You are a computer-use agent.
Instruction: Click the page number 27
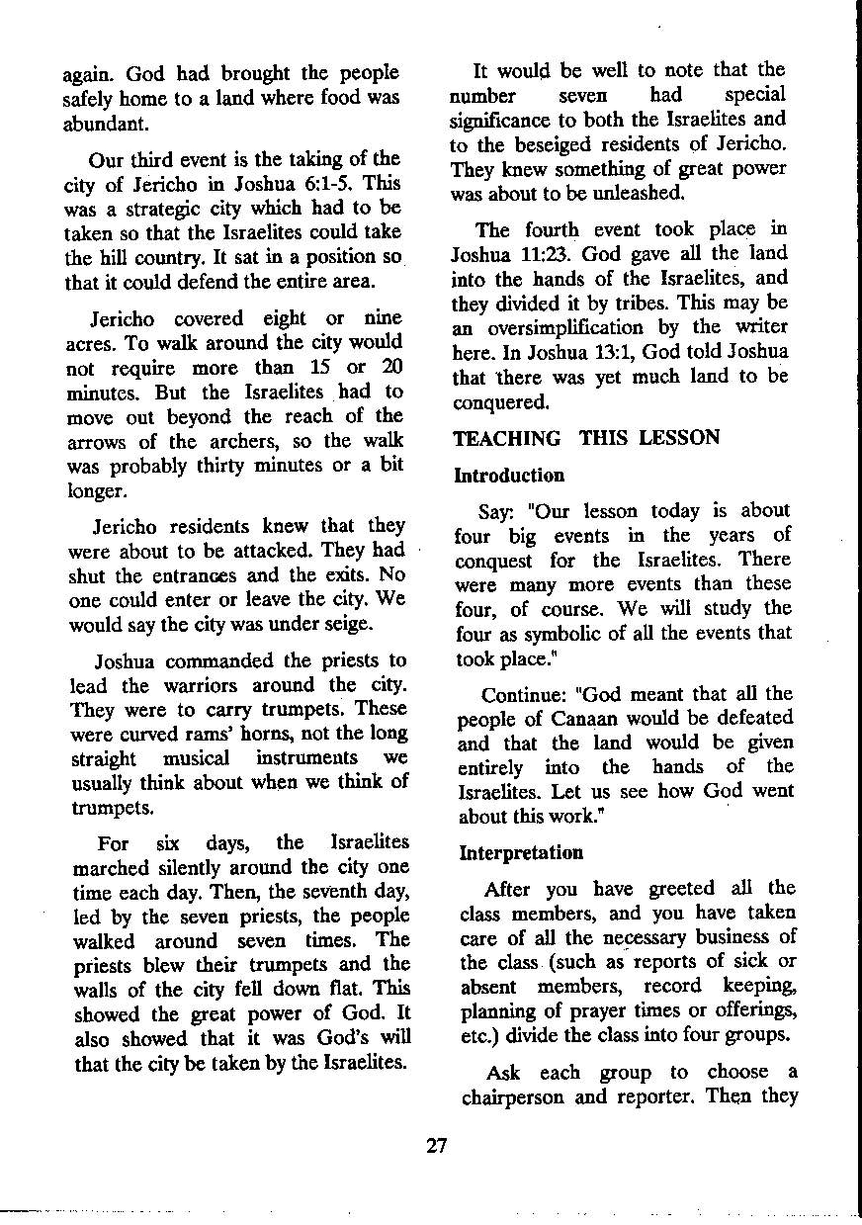coord(437,1146)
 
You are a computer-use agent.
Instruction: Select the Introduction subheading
coord(509,476)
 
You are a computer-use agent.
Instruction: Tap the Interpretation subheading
coord(521,852)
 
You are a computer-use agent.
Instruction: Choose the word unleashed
coord(637,194)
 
